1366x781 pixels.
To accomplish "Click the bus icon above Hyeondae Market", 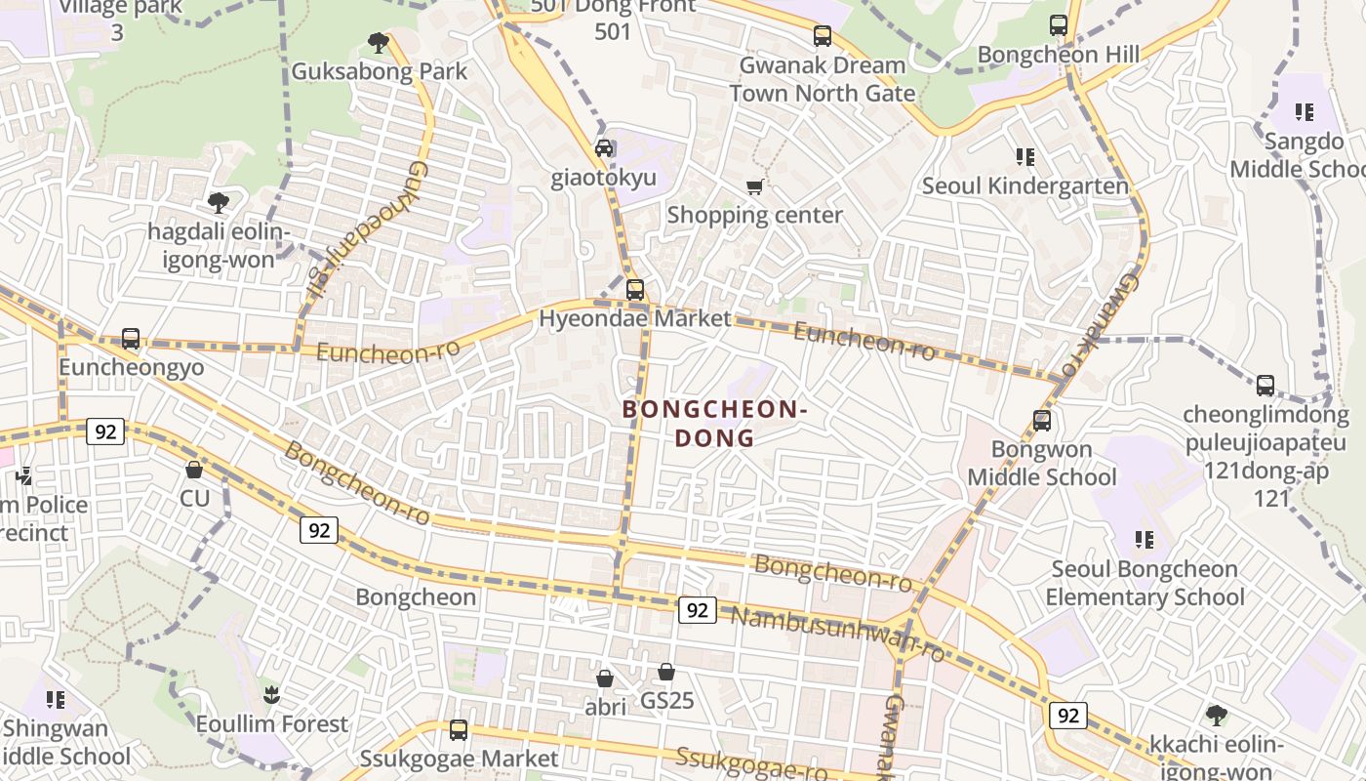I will pyautogui.click(x=635, y=290).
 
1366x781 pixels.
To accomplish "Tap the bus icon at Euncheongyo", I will pyautogui.click(x=131, y=339).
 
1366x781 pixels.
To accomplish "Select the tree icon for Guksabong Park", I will pyautogui.click(x=379, y=43).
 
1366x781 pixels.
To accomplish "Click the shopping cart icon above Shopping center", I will pyautogui.click(x=754, y=186).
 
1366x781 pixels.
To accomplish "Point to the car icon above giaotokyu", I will pyautogui.click(x=604, y=148).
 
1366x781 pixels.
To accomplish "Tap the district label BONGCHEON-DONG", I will pyautogui.click(x=715, y=424).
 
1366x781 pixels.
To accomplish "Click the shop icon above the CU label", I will pyautogui.click(x=194, y=470).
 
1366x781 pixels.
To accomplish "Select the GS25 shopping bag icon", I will pyautogui.click(x=666, y=672).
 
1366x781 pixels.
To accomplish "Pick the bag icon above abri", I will pyautogui.click(x=605, y=678).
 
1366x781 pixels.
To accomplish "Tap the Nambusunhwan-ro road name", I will pyautogui.click(x=837, y=633).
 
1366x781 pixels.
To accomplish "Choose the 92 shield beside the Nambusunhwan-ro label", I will pyautogui.click(x=697, y=610).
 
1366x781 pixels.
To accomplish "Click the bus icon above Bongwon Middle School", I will pyautogui.click(x=1041, y=421).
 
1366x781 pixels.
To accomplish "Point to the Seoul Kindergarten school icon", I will pyautogui.click(x=1024, y=156).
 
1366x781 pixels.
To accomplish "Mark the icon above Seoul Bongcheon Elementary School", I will pyautogui.click(x=1145, y=540).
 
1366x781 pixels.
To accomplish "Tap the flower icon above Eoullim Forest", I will pyautogui.click(x=271, y=695).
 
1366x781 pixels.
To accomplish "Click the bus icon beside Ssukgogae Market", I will pyautogui.click(x=458, y=730).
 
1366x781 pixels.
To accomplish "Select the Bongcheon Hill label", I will pyautogui.click(x=1058, y=55).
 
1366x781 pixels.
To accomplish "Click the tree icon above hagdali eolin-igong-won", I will pyautogui.click(x=219, y=203).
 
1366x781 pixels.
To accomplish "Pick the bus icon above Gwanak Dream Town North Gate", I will pyautogui.click(x=823, y=36).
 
